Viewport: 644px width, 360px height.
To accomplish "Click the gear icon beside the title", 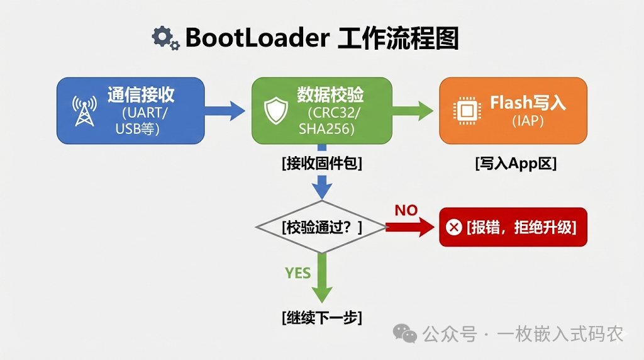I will tap(165, 38).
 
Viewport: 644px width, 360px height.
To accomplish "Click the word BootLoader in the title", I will tap(257, 38).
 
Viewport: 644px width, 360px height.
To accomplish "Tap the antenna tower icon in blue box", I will tap(84, 111).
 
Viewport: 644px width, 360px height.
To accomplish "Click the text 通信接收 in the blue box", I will tap(141, 95).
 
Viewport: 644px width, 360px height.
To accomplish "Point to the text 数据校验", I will tap(330, 95).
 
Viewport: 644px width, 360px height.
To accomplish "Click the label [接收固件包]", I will tap(322, 164).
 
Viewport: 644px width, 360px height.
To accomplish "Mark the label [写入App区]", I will tap(516, 164).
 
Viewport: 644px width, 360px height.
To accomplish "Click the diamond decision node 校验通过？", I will tap(322, 227).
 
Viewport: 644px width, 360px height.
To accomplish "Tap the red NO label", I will tap(406, 210).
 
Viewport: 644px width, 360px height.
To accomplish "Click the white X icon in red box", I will tap(453, 227).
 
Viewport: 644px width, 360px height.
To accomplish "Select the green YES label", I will tap(298, 273).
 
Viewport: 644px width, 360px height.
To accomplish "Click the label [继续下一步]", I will tap(322, 317).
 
